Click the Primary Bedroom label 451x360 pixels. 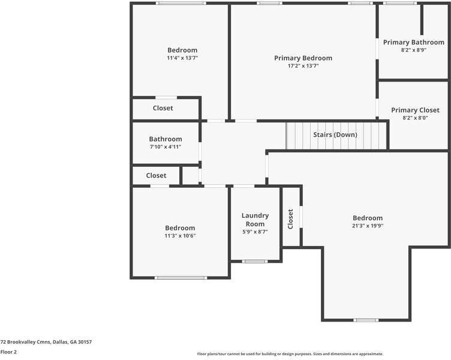(303, 58)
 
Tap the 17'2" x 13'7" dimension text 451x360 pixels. (303, 66)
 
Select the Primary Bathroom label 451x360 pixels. (414, 43)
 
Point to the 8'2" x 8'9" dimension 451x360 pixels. (414, 50)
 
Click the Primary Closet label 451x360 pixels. (415, 110)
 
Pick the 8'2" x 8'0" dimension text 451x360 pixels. (415, 118)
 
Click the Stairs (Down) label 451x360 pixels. (335, 134)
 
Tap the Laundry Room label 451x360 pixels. (255, 220)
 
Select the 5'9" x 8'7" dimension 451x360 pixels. (255, 232)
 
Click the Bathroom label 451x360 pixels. (166, 139)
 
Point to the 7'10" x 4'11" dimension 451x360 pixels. (166, 147)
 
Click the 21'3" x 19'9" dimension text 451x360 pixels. (368, 226)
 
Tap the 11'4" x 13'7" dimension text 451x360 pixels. (182, 58)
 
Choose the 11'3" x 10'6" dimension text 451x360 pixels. (180, 236)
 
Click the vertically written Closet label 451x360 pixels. (290, 219)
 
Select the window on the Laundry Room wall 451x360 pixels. (254, 262)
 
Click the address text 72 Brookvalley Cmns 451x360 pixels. (26, 342)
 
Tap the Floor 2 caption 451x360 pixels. (8, 352)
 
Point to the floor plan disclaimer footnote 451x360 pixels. (290, 354)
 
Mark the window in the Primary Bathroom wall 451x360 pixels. (400, 3)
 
